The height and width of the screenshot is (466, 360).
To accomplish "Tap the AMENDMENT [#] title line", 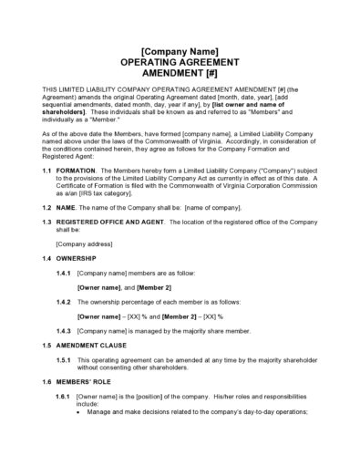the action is pyautogui.click(x=180, y=71).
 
